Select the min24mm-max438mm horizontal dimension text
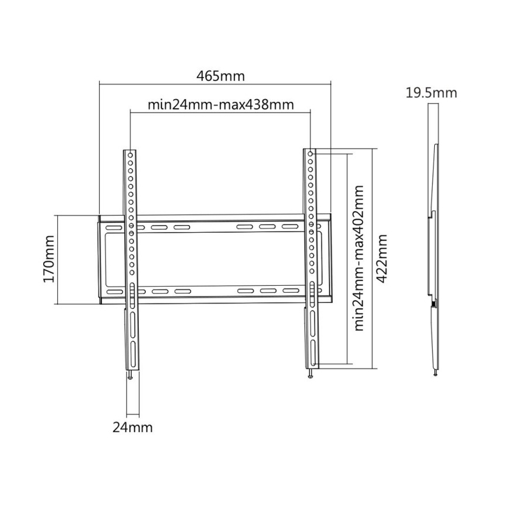pyautogui.click(x=220, y=106)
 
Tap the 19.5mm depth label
pyautogui.click(x=432, y=92)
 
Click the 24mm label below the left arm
pyautogui.click(x=132, y=427)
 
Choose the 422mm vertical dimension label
pyautogui.click(x=382, y=259)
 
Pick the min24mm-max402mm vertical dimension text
pyautogui.click(x=360, y=258)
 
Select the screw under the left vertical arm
pyautogui.click(x=132, y=375)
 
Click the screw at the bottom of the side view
pyautogui.click(x=435, y=373)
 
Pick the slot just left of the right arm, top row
pyautogui.click(x=287, y=226)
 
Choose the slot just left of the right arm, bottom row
pyautogui.click(x=287, y=290)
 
